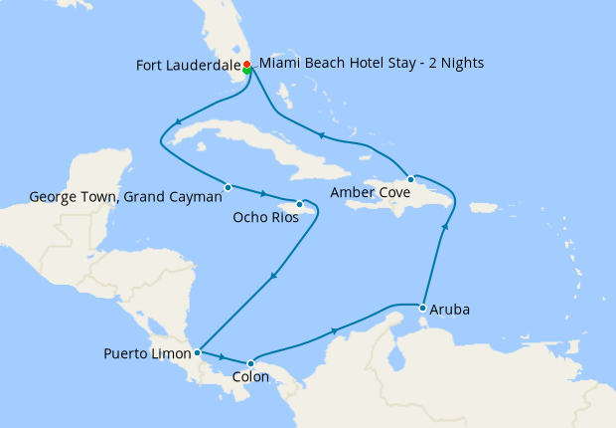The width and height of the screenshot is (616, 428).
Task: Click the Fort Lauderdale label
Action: [x=187, y=67]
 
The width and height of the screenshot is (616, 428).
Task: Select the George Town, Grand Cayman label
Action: [x=125, y=197]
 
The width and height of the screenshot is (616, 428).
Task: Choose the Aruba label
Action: [x=451, y=310]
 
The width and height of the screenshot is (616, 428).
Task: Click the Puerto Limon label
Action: [x=147, y=353]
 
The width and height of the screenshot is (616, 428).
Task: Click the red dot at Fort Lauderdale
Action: [x=246, y=65]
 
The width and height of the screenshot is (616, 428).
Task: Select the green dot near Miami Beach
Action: [x=246, y=71]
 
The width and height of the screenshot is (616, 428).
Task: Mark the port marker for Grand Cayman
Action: [x=228, y=187]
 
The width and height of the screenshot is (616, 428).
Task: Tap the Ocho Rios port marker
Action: [x=299, y=205]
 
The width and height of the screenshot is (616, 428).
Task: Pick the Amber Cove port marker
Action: [x=410, y=179]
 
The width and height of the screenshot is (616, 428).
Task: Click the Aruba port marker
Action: [x=423, y=307]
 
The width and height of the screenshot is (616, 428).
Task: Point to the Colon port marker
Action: [x=250, y=362]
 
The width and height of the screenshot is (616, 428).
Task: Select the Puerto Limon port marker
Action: [x=198, y=351]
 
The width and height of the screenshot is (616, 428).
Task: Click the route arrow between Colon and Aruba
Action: [x=335, y=330]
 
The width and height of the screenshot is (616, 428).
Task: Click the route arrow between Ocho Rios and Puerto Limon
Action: [x=271, y=277]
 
